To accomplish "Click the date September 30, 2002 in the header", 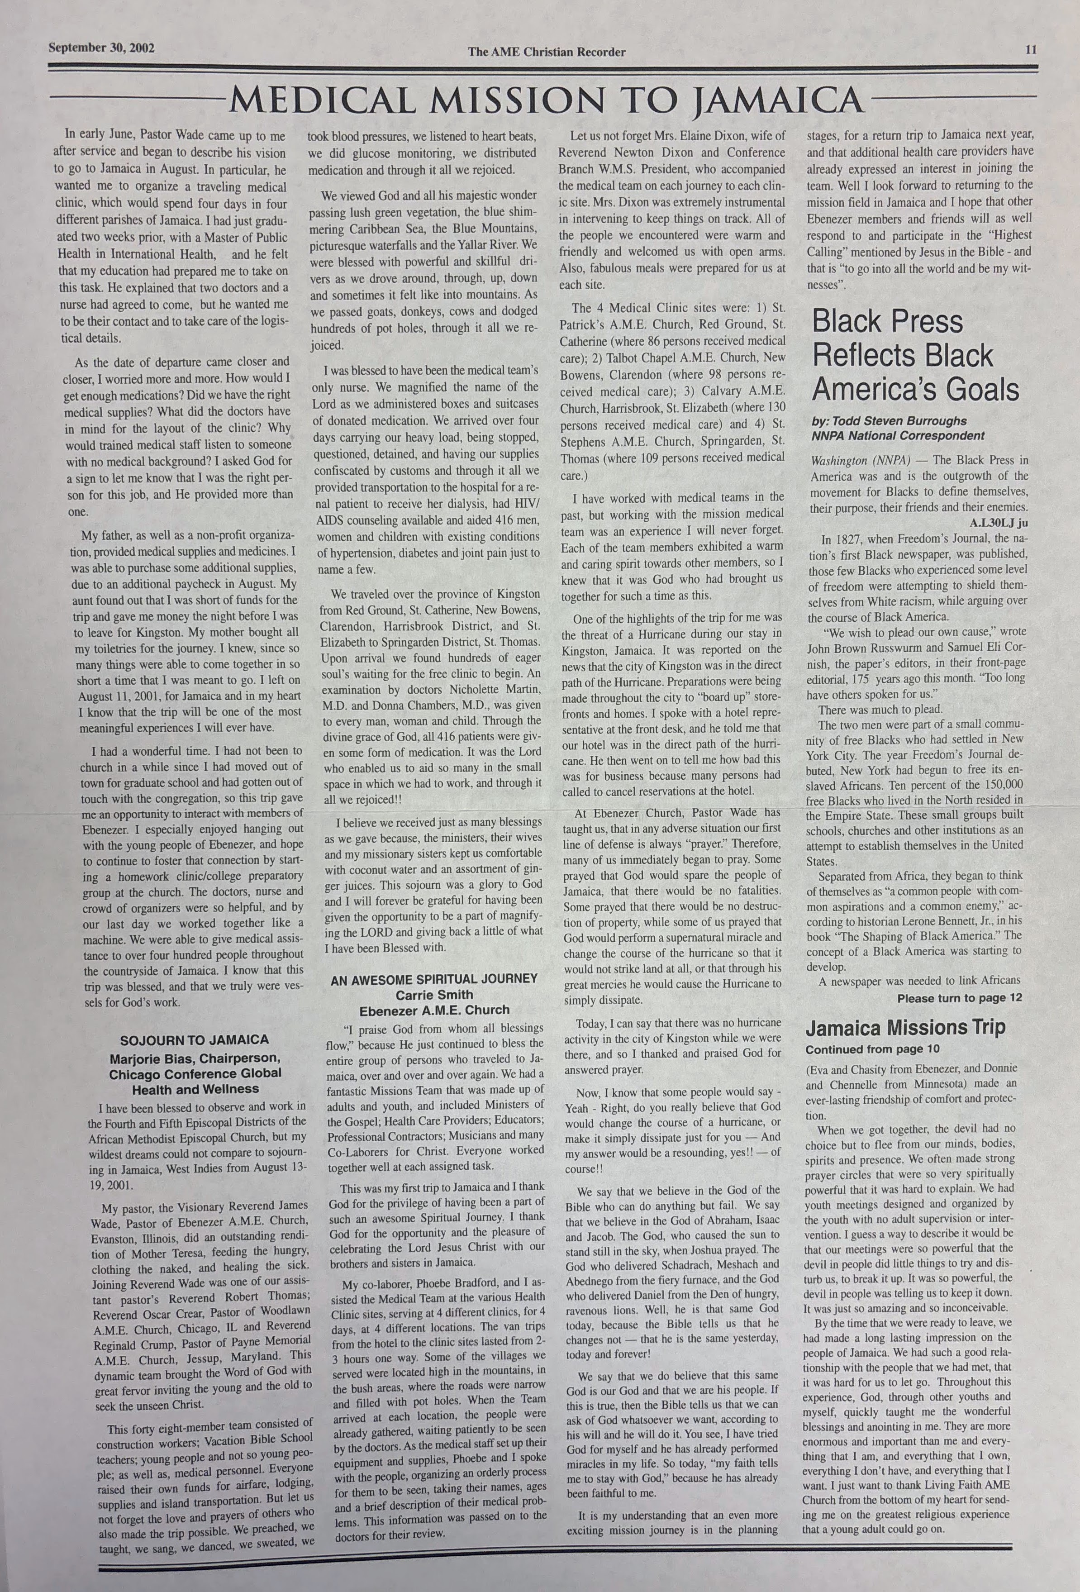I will point(101,48).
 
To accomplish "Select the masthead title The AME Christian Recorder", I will point(547,52).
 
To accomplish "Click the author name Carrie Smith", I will point(434,995).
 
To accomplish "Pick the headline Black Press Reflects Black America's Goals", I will point(915,356).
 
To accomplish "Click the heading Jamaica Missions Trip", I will point(905,1028).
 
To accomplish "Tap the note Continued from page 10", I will point(872,1049).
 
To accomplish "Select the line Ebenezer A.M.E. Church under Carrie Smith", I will point(434,1010).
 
